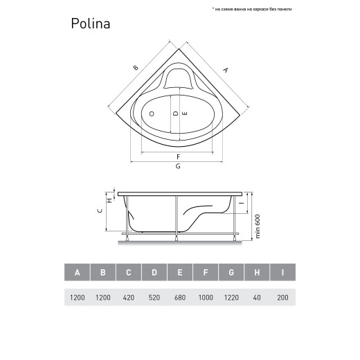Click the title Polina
pos(91,24)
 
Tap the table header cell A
pos(77,273)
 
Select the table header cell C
pos(128,273)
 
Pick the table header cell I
pos(282,273)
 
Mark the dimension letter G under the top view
pos(178,167)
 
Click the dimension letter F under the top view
pos(178,156)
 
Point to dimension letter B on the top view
pos(135,68)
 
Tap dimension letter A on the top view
pos(226,70)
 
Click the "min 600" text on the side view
pos(257,224)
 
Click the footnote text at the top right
pos(252,10)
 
